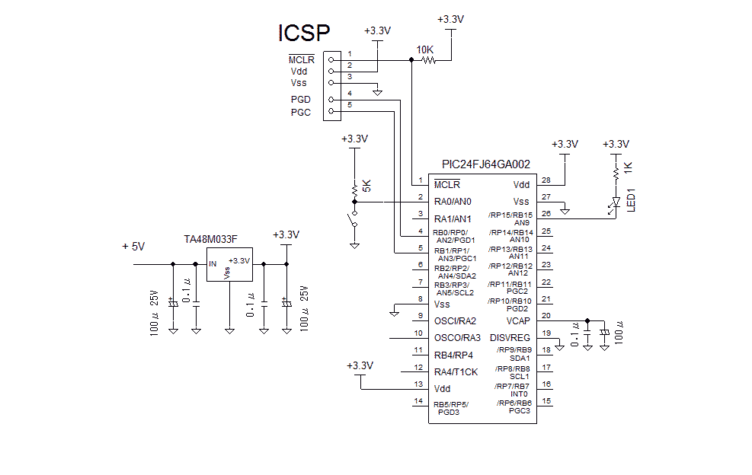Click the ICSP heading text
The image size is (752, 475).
tap(303, 33)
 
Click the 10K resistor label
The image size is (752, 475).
tap(424, 50)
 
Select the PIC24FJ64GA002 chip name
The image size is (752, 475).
tap(485, 164)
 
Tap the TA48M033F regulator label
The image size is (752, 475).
tap(211, 239)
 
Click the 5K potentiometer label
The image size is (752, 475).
tap(366, 186)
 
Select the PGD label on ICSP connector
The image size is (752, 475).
tap(300, 100)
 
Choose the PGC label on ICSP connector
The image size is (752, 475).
tap(300, 113)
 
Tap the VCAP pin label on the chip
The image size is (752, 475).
tap(517, 320)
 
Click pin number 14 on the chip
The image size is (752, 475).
tap(418, 401)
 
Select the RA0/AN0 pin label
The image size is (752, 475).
tap(453, 202)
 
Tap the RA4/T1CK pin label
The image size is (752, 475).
tap(456, 371)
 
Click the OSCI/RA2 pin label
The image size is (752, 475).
tap(455, 320)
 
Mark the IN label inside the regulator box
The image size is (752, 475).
tap(213, 263)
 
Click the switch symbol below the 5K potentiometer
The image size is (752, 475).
tap(353, 222)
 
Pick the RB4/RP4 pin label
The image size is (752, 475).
tap(453, 355)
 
